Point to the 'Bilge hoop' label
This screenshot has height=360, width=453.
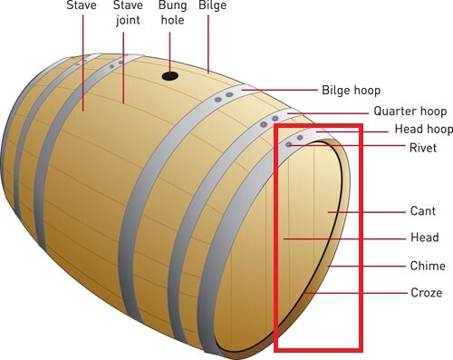point(352,91)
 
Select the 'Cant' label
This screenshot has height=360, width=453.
point(422,211)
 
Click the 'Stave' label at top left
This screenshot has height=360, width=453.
point(82,5)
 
